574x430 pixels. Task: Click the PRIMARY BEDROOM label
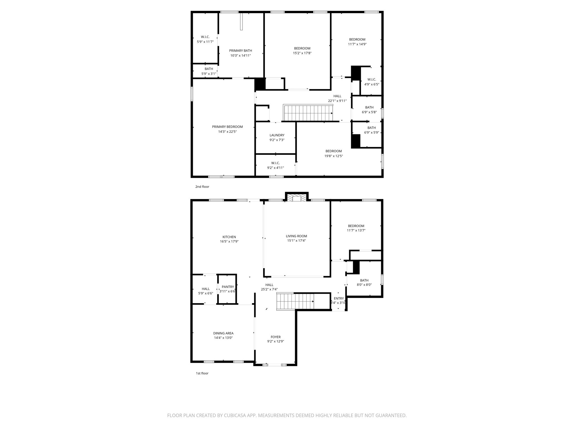227,127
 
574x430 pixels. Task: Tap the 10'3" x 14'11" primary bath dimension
240,55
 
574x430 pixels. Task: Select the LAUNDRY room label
277,135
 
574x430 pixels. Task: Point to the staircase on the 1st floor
295,301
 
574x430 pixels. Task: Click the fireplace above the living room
297,198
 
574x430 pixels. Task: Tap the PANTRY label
228,287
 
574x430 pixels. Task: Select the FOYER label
276,337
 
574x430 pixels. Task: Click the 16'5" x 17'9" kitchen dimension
229,241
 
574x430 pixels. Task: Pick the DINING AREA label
223,333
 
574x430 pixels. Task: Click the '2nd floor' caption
202,187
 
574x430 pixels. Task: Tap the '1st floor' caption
202,373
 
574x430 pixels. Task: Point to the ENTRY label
339,298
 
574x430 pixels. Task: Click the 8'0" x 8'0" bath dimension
364,285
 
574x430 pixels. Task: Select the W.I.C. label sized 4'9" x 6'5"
371,80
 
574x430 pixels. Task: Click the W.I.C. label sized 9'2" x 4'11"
275,163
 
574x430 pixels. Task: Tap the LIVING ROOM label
296,236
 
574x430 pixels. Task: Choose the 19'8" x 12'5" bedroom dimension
334,156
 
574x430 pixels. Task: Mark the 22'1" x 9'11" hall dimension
337,101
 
